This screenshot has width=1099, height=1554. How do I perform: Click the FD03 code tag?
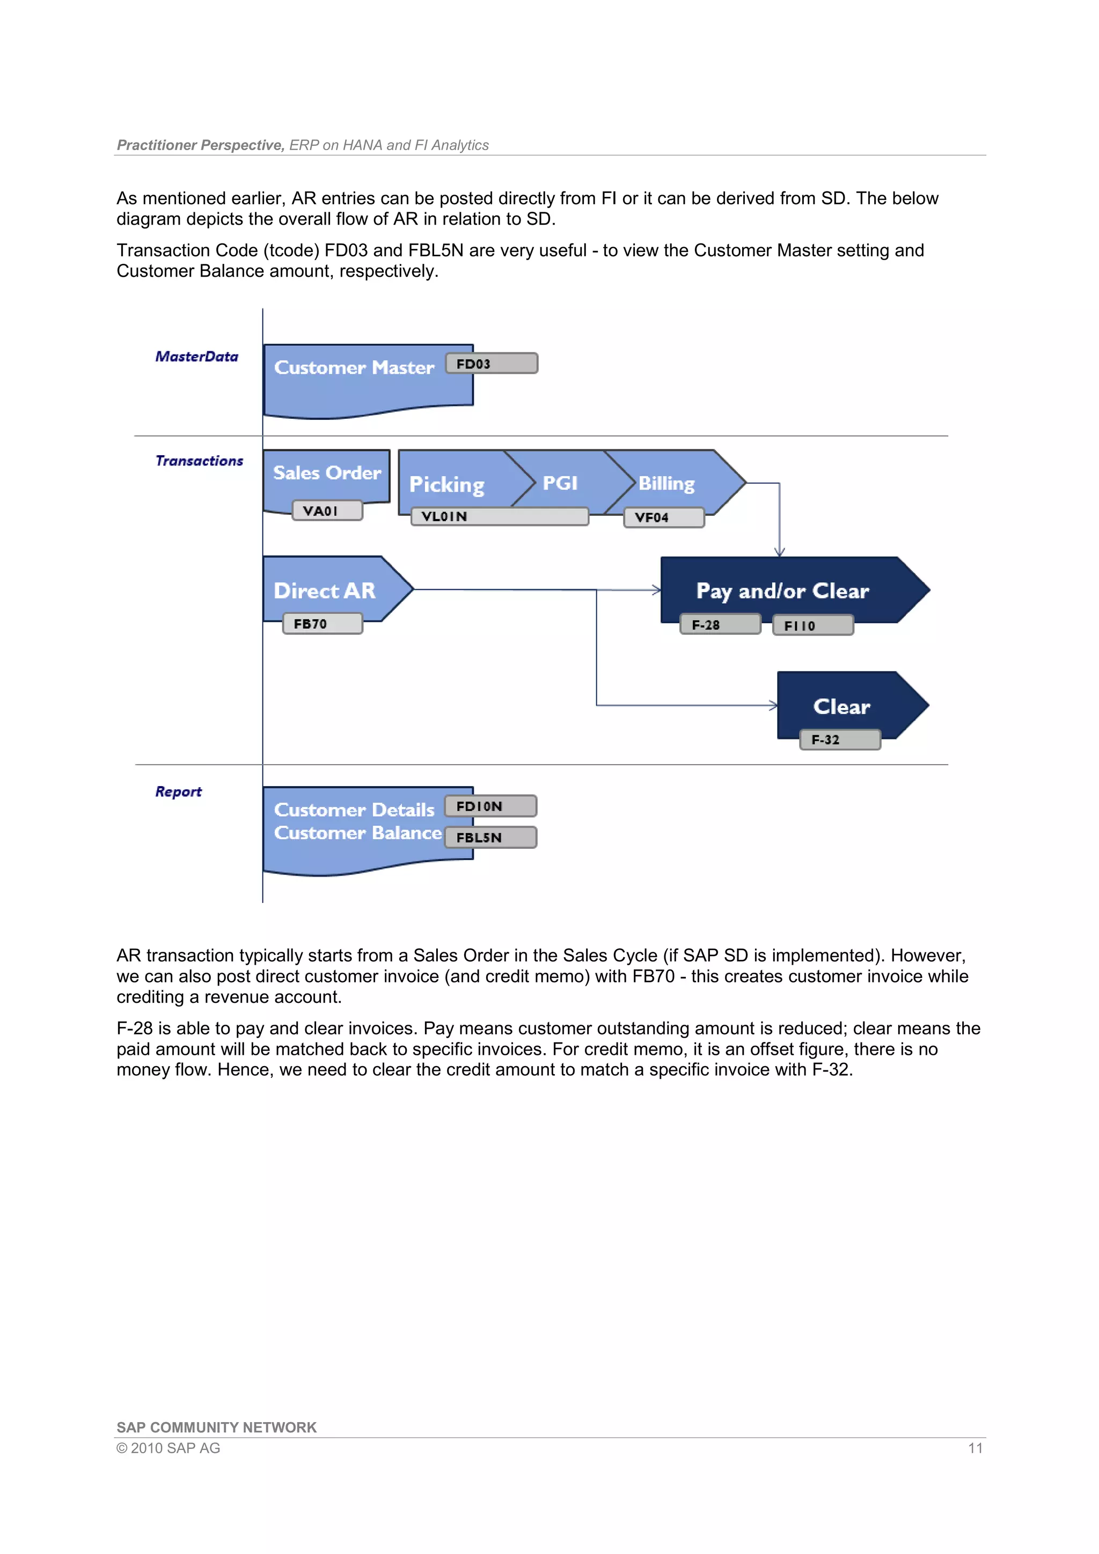tap(492, 364)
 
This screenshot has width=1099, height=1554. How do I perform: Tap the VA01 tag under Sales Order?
tap(327, 510)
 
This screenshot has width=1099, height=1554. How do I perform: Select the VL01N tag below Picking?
tap(499, 516)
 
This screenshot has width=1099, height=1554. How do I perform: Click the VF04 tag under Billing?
tap(664, 517)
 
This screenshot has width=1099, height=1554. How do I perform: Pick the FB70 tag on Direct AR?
tap(323, 623)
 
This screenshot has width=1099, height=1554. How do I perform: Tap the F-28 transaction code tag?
tap(720, 625)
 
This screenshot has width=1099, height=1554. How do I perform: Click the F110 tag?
tap(812, 625)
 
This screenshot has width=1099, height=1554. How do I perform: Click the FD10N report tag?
tap(491, 806)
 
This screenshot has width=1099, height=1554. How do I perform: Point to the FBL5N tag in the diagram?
tap(491, 837)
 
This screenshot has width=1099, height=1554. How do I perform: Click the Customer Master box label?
tap(354, 367)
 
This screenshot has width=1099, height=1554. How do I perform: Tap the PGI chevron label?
tap(560, 483)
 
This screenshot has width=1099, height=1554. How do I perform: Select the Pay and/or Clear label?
tap(782, 591)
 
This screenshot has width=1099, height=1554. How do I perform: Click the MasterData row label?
tap(197, 357)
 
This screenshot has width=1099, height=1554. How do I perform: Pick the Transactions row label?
tap(199, 461)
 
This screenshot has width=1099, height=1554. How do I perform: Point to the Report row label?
tap(178, 791)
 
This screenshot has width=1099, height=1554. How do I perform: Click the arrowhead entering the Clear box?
tap(773, 705)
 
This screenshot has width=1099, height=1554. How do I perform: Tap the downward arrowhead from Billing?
tap(779, 552)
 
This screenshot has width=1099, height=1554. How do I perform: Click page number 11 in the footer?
tap(975, 1448)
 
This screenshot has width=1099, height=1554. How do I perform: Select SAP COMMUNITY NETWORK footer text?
tap(216, 1427)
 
